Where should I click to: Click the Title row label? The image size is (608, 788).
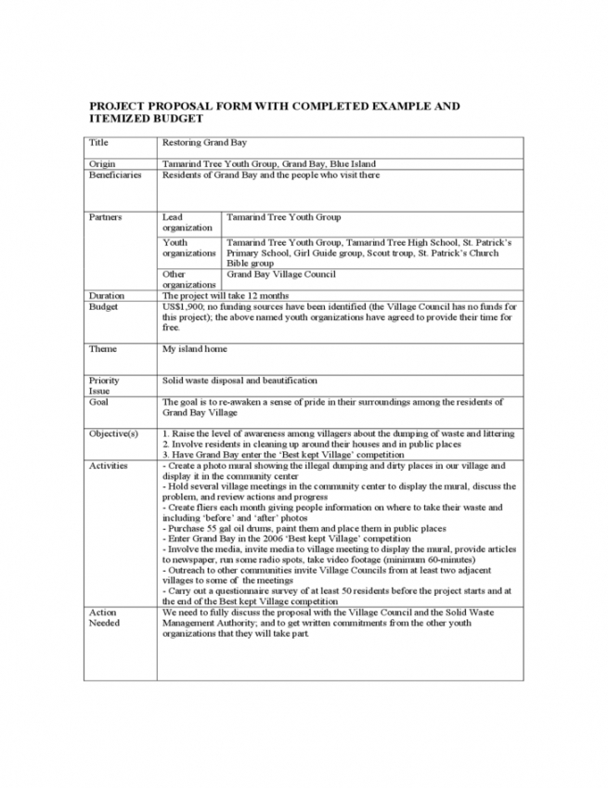pyautogui.click(x=97, y=144)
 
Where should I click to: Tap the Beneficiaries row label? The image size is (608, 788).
pyautogui.click(x=115, y=174)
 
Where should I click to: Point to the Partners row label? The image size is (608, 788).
pyautogui.click(x=104, y=217)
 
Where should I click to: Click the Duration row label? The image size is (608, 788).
pyautogui.click(x=107, y=295)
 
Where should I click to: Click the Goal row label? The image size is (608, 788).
pyautogui.click(x=98, y=402)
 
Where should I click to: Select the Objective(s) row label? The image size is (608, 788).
pyautogui.click(x=113, y=433)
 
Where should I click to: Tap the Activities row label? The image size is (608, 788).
pyautogui.click(x=109, y=465)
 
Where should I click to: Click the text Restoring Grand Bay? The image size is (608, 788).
pyautogui.click(x=201, y=144)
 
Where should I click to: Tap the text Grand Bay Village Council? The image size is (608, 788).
pyautogui.click(x=281, y=274)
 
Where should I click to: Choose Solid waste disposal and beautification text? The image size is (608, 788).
pyautogui.click(x=239, y=380)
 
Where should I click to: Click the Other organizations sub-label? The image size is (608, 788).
pyautogui.click(x=186, y=279)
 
